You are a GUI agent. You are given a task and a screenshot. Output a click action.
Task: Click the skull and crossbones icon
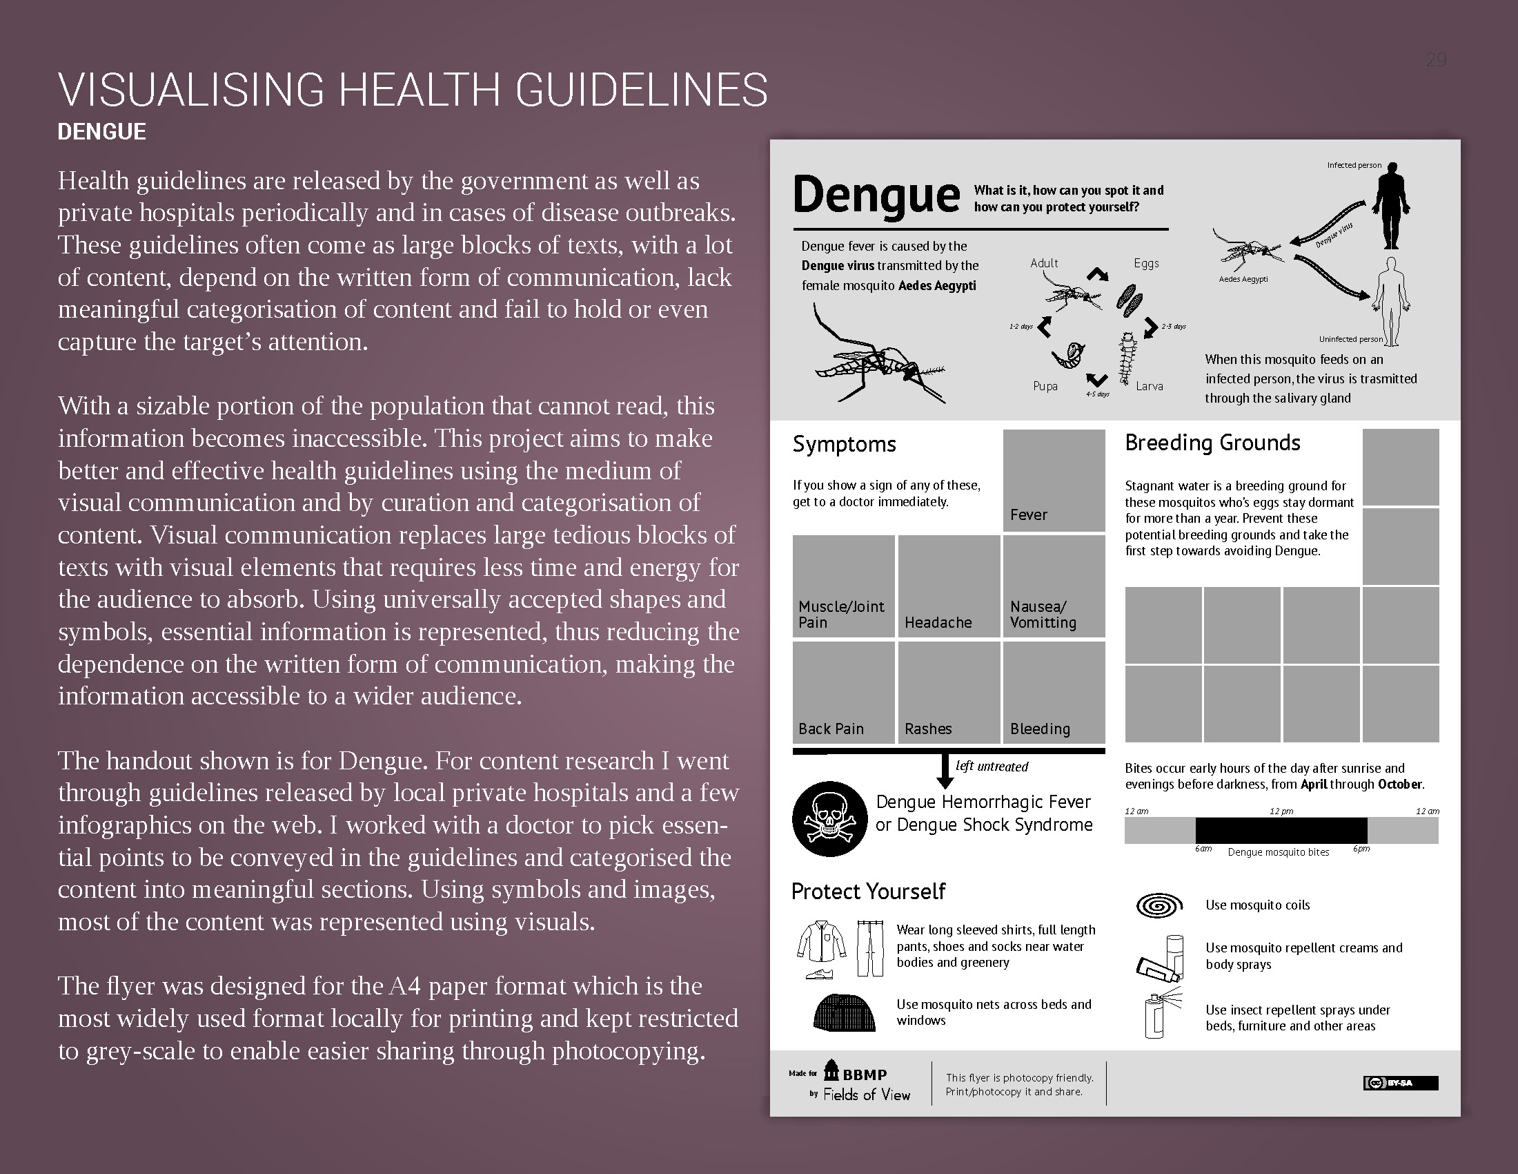pyautogui.click(x=829, y=818)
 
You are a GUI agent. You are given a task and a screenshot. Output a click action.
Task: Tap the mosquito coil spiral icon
pyautogui.click(x=1159, y=905)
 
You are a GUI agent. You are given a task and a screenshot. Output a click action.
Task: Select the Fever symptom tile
pyautogui.click(x=1054, y=481)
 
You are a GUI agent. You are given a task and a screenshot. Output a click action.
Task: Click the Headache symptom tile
pyautogui.click(x=949, y=586)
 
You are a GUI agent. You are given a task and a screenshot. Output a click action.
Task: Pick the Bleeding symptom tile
pyautogui.click(x=1054, y=692)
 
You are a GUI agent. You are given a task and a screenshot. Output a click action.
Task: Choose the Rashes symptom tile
pyautogui.click(x=949, y=692)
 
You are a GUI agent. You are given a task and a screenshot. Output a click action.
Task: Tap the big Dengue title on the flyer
pyautogui.click(x=876, y=195)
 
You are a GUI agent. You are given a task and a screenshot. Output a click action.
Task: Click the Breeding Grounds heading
pyautogui.click(x=1212, y=443)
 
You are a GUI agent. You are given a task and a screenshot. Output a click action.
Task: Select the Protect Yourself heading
pyautogui.click(x=868, y=891)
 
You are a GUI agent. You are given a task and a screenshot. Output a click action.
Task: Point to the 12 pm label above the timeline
pyautogui.click(x=1281, y=811)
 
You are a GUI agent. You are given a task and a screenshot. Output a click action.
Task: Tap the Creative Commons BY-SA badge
pyautogui.click(x=1401, y=1083)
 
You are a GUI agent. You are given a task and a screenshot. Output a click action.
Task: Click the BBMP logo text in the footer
pyautogui.click(x=864, y=1075)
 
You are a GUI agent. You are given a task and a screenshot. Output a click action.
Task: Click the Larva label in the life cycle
pyautogui.click(x=1150, y=386)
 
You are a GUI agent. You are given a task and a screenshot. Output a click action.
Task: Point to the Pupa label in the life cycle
pyautogui.click(x=1045, y=386)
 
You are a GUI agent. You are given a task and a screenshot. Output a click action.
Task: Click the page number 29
pyautogui.click(x=1436, y=61)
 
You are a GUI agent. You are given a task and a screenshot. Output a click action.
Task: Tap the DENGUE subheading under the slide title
pyautogui.click(x=101, y=131)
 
